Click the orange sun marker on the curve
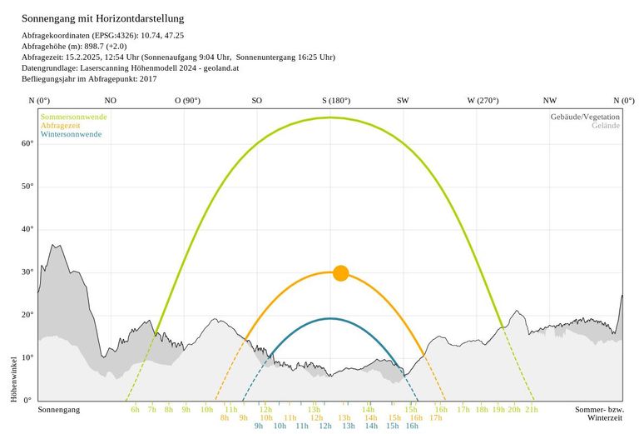[x=340, y=273]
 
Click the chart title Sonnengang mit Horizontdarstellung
[x=103, y=17]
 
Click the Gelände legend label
[x=606, y=126]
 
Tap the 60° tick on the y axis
[x=27, y=143]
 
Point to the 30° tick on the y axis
[x=27, y=272]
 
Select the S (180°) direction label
[x=336, y=100]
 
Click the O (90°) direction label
[x=187, y=100]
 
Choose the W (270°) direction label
[x=483, y=100]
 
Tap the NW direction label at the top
[x=549, y=100]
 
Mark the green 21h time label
[x=531, y=410]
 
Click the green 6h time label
[x=135, y=410]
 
